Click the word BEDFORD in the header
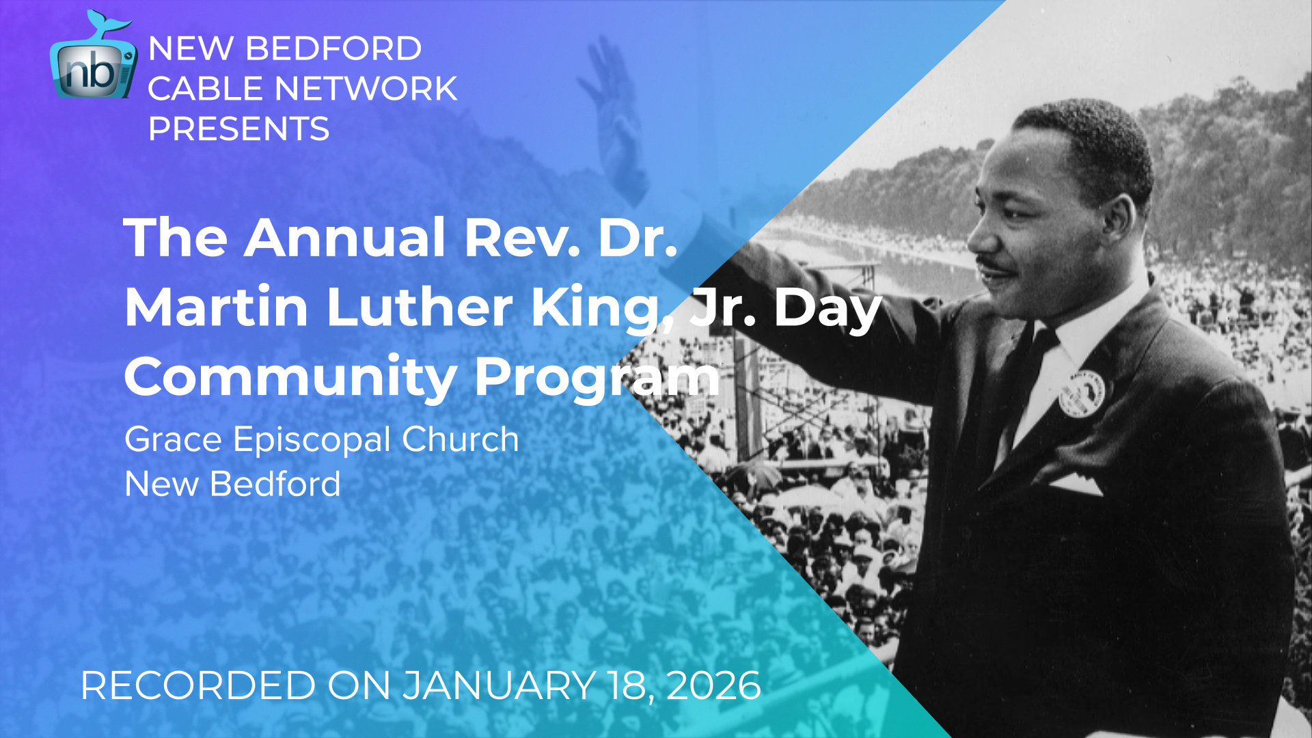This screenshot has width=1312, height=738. coord(333,49)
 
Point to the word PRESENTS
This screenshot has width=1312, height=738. coord(238,129)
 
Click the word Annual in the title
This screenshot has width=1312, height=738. coord(345,238)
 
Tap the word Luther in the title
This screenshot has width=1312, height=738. coord(419,307)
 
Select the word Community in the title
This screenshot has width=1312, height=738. coord(290,377)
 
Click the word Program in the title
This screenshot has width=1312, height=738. coord(597,377)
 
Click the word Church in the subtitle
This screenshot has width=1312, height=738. coord(460,439)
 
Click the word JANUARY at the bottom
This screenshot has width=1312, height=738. coord(499,685)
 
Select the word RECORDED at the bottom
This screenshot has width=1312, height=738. coord(197,685)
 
